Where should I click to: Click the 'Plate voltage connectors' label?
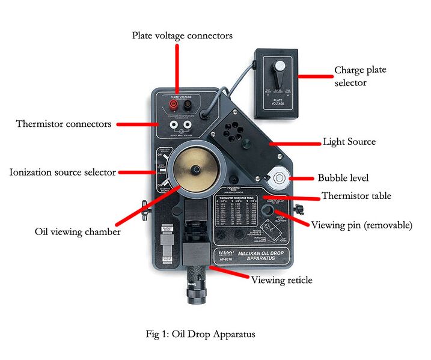182,36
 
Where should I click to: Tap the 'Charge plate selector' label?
360,76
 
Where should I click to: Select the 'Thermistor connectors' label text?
64,124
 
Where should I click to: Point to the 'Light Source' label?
349,142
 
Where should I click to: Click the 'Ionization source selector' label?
63,172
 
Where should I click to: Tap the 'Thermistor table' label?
356,195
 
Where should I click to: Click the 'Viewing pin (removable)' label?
361,225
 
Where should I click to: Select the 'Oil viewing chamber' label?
78,231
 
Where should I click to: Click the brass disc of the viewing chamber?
192,170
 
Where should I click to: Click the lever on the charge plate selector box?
278,75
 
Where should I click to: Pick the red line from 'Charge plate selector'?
314,76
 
